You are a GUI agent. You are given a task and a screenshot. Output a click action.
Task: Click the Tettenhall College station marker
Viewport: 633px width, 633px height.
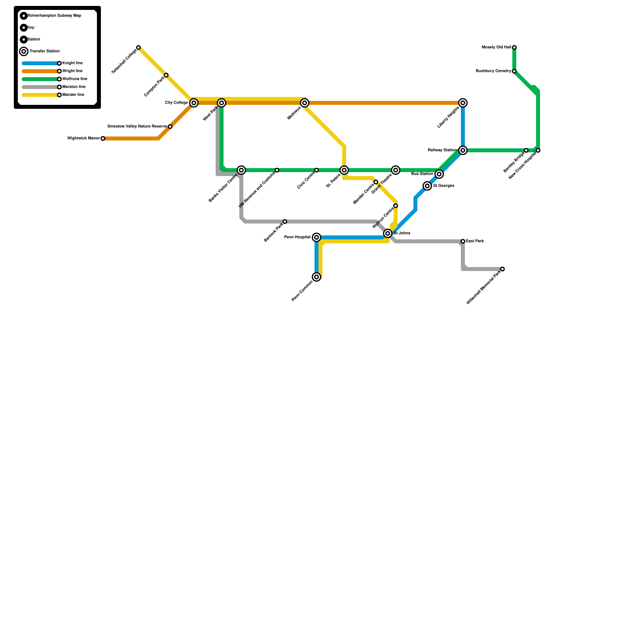138,47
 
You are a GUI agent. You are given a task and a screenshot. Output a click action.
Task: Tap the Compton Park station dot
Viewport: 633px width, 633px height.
166,75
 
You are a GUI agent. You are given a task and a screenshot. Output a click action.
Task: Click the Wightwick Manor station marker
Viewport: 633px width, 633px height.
103,138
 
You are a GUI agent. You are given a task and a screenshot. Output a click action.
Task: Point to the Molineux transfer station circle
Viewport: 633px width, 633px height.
305,103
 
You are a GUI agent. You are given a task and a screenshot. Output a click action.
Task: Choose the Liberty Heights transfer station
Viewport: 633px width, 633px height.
463,103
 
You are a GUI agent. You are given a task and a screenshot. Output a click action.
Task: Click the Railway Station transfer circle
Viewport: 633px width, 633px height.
463,150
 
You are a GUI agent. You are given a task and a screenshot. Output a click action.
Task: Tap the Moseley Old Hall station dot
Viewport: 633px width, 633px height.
514,47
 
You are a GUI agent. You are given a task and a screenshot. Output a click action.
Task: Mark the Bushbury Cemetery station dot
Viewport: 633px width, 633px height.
514,71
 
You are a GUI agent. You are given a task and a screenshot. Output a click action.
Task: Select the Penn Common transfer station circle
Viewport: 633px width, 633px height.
316,277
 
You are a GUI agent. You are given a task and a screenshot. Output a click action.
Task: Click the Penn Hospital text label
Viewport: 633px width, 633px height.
297,237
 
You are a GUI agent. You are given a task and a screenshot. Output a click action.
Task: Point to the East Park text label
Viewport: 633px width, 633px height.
475,241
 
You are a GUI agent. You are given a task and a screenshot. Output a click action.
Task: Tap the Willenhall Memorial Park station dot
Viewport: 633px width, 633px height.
502,269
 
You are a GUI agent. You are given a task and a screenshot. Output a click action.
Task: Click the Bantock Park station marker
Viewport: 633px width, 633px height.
285,222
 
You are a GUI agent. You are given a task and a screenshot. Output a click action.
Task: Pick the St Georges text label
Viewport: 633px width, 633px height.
443,186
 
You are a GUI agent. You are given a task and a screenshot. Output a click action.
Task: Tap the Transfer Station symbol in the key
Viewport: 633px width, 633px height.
24,51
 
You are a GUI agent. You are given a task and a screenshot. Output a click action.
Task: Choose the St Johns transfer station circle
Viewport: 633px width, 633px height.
388,233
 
